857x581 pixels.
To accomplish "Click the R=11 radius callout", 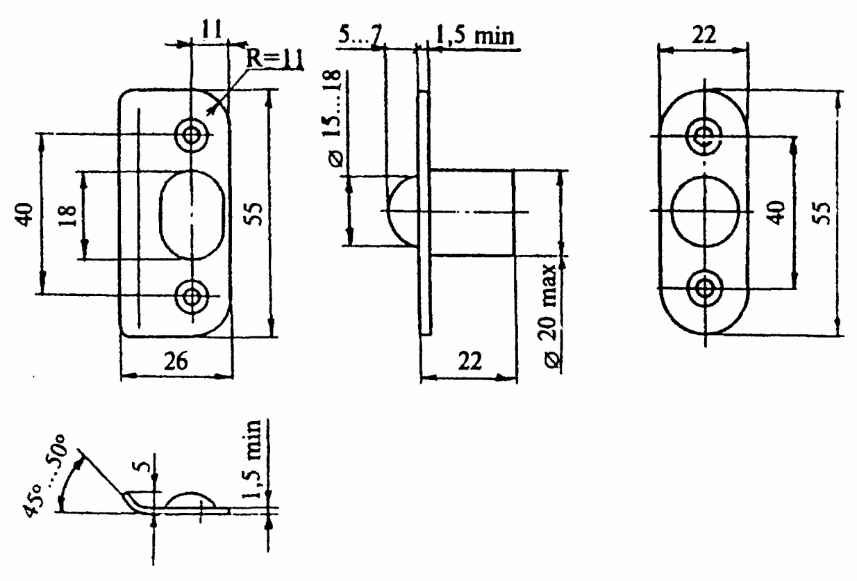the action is [274, 59].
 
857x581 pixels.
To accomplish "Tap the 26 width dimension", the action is [176, 361].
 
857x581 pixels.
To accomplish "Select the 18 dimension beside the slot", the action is [68, 216].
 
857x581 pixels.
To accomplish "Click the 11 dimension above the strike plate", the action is [211, 29].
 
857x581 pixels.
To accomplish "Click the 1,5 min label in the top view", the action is [474, 36].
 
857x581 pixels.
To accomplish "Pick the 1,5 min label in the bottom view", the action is [251, 459].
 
